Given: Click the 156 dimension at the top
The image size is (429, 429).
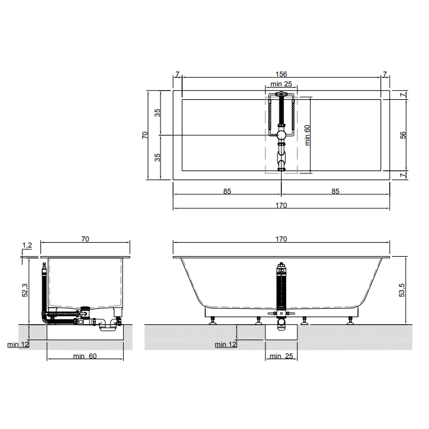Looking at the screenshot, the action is pyautogui.click(x=281, y=74).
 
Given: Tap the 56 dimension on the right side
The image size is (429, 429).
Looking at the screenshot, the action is pyautogui.click(x=403, y=135).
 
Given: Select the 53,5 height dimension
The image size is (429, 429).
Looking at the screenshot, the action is pyautogui.click(x=401, y=290).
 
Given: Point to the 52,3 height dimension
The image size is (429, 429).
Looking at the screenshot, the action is pyautogui.click(x=25, y=290).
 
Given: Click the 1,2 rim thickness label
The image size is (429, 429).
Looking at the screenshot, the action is pyautogui.click(x=27, y=245).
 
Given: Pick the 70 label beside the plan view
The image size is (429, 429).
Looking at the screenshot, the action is pyautogui.click(x=145, y=135).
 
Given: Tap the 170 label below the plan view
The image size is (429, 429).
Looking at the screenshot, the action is pyautogui.click(x=281, y=205).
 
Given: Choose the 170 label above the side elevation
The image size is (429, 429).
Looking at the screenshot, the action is pyautogui.click(x=281, y=239).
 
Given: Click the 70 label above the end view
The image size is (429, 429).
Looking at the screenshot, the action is pyautogui.click(x=85, y=239).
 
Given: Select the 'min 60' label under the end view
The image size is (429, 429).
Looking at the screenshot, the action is pyautogui.click(x=85, y=356).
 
